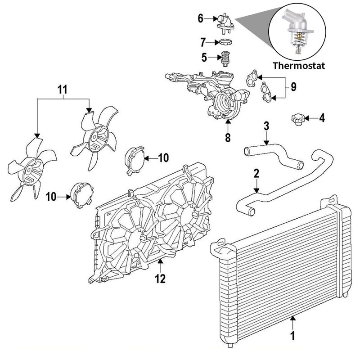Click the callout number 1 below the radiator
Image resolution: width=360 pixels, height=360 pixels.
[x=292, y=335]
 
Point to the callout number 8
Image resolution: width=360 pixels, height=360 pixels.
[x=228, y=137]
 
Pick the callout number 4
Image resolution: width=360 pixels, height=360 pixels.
[x=322, y=118]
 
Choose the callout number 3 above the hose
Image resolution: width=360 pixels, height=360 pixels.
[x=266, y=126]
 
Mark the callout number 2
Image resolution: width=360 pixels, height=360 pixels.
[x=256, y=173]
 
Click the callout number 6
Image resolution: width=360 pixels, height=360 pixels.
[x=201, y=18]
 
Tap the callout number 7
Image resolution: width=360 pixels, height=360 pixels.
[x=203, y=43]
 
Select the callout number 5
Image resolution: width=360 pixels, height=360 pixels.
[x=203, y=57]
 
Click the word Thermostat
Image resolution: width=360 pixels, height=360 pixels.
[x=299, y=65]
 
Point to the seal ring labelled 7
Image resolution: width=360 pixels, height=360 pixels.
[x=224, y=43]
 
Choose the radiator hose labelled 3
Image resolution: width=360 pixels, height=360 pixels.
[x=274, y=154]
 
